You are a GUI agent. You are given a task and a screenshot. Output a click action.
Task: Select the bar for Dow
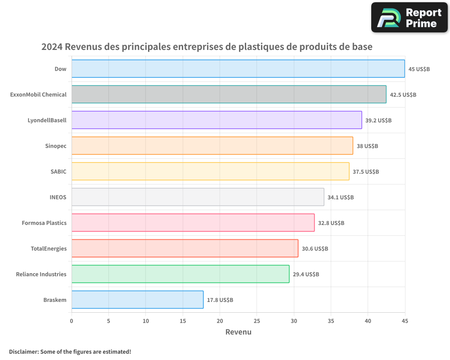click(x=238, y=69)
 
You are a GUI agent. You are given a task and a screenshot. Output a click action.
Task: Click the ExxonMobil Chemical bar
click(x=229, y=94)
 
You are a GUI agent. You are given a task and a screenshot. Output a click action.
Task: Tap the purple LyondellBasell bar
click(x=216, y=120)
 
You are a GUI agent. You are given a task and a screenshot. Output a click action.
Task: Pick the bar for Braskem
click(x=137, y=300)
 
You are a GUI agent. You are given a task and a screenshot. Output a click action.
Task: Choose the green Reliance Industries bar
click(x=180, y=274)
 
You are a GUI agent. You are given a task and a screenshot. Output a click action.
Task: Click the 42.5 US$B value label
click(x=403, y=94)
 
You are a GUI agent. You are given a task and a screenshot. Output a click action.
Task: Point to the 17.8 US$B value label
click(x=220, y=300)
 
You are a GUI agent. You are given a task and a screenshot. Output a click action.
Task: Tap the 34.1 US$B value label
click(x=341, y=197)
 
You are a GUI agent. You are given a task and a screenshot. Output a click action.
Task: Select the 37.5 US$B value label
click(x=366, y=171)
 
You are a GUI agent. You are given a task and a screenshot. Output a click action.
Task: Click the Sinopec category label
click(x=56, y=146)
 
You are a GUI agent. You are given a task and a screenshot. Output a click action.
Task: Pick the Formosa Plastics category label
click(x=44, y=223)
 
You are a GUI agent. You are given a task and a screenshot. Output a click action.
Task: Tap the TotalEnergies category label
click(x=49, y=248)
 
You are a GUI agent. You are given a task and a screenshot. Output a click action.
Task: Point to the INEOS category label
click(x=58, y=197)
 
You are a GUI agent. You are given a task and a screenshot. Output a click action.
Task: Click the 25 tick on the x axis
click(x=256, y=321)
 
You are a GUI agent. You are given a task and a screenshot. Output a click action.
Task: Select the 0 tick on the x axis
click(x=72, y=321)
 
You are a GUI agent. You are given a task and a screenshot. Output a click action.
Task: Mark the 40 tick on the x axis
click(x=368, y=321)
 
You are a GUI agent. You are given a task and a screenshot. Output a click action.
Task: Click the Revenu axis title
click(x=238, y=332)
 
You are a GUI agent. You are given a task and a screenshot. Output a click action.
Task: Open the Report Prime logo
click(x=409, y=18)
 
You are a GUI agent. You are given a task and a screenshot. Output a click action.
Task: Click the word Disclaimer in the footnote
click(x=23, y=351)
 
